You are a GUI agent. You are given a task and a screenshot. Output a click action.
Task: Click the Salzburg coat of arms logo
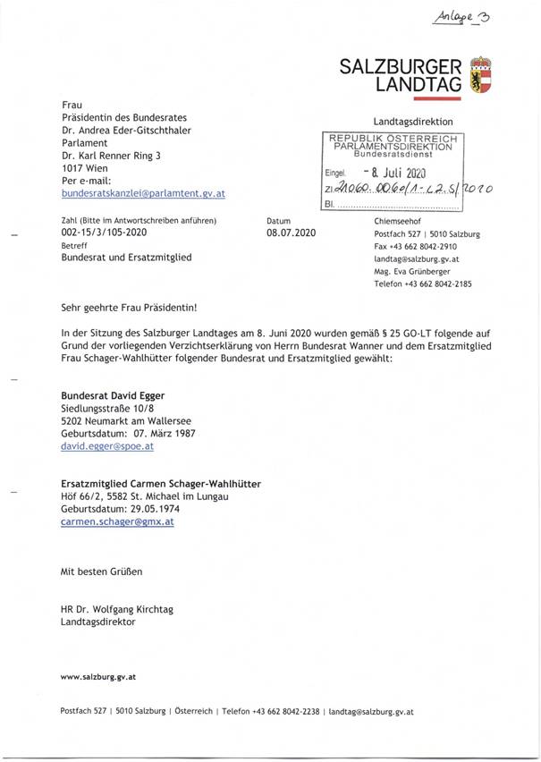point(481,75)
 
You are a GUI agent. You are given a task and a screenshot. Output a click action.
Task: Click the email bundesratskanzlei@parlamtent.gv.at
point(142,193)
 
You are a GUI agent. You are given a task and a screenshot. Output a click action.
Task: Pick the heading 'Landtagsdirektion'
point(413,122)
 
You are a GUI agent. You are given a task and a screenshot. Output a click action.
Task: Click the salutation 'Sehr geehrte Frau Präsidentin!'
point(128,306)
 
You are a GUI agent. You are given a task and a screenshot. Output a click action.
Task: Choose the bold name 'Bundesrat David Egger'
point(112,394)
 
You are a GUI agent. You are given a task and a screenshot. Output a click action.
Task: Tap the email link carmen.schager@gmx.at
point(117,521)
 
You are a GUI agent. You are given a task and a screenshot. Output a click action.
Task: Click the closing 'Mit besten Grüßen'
point(101,571)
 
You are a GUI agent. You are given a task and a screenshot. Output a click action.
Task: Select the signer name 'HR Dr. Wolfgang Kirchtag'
point(117,609)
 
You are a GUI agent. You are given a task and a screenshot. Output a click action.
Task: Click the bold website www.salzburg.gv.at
point(98,678)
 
